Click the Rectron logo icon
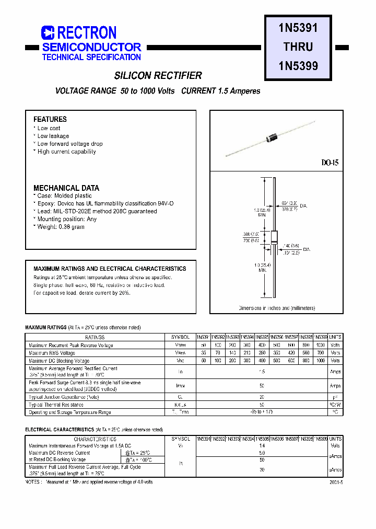coord(48,33)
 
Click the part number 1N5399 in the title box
coord(298,66)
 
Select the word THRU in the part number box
coord(298,47)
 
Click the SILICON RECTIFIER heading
coord(158,76)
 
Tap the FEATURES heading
coord(50,119)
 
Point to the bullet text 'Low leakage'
coord(53,136)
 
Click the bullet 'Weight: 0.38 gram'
coord(61,227)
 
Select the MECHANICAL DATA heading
coord(66,188)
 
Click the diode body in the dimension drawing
coord(274,237)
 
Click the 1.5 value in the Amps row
coord(262,371)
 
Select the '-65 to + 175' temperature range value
coord(262,412)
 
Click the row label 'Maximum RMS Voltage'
coord(52,353)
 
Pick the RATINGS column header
coord(95,338)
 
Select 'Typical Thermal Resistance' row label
coord(56,405)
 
